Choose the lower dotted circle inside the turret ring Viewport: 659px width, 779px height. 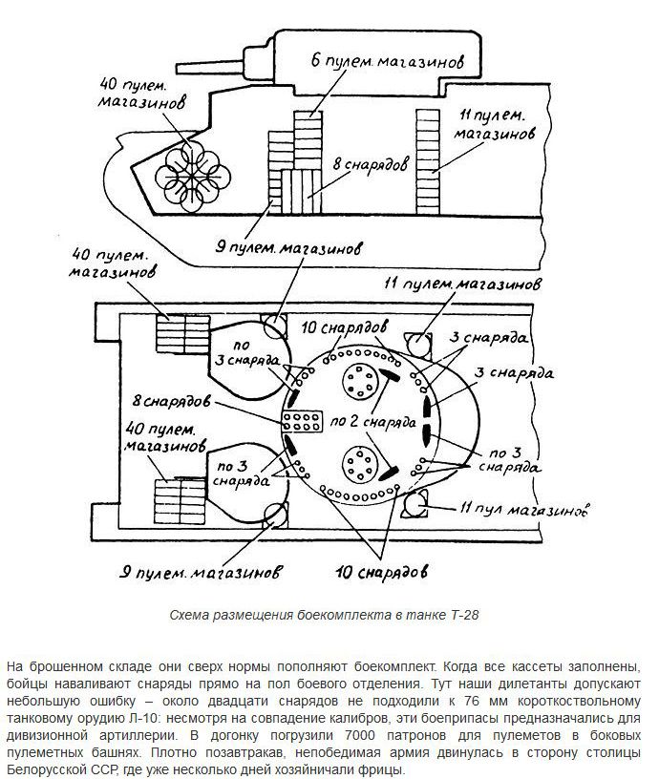(x=359, y=466)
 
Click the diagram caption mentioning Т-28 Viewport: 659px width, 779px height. (x=329, y=615)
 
